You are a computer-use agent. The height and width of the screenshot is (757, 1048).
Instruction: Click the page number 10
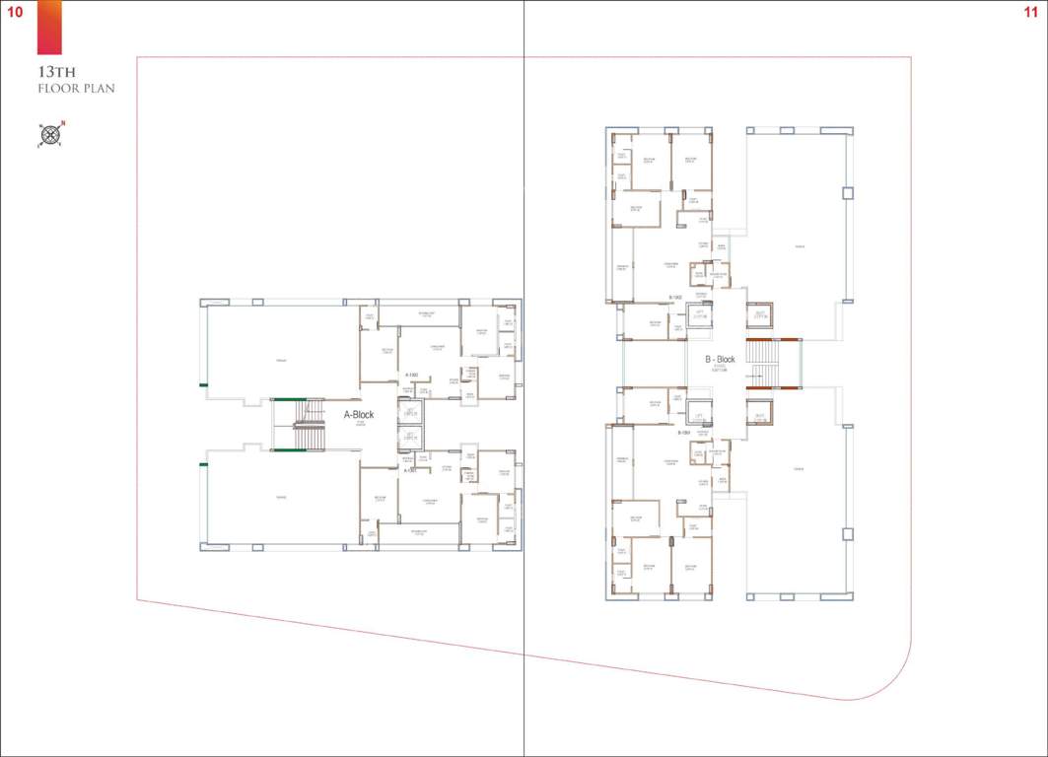(15, 11)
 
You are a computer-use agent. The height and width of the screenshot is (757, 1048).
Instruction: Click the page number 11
(1031, 11)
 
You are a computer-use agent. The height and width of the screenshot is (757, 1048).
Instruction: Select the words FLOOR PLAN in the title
(76, 89)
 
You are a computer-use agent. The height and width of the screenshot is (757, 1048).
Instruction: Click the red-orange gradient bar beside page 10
(49, 28)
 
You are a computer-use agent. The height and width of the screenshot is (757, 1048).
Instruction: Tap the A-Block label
(359, 415)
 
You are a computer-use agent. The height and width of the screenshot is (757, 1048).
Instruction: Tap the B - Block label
(720, 360)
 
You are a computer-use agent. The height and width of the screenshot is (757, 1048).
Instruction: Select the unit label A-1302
(412, 375)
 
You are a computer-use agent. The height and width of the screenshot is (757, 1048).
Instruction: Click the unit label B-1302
(676, 297)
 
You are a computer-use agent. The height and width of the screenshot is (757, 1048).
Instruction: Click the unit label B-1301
(682, 433)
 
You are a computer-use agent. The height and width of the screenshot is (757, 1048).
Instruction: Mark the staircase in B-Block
(761, 363)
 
